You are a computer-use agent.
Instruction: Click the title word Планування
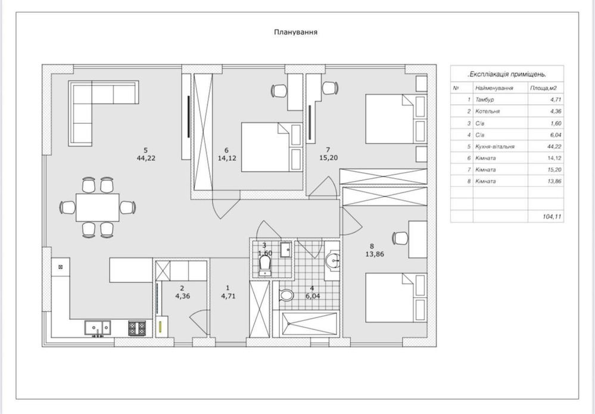pos(295,32)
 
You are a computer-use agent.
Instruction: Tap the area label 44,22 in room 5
pos(146,158)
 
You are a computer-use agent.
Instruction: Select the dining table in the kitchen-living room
pos(98,207)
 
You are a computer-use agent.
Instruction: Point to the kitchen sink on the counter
pos(98,328)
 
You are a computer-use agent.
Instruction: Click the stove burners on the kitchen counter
pos(137,328)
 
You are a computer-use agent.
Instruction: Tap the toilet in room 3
pos(265,265)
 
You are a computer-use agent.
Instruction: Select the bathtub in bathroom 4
pos(310,323)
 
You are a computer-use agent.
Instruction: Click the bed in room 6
pos(272,147)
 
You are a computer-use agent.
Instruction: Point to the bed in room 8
pos(396,298)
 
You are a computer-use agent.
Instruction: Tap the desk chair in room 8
pos(400,238)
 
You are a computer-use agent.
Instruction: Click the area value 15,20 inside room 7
pos(329,157)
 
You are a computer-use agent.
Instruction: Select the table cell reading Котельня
pos(487,111)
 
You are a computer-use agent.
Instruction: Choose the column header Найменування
pos(494,88)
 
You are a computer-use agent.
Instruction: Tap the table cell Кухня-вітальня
pos(495,147)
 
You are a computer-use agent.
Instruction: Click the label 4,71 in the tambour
pos(229,296)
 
